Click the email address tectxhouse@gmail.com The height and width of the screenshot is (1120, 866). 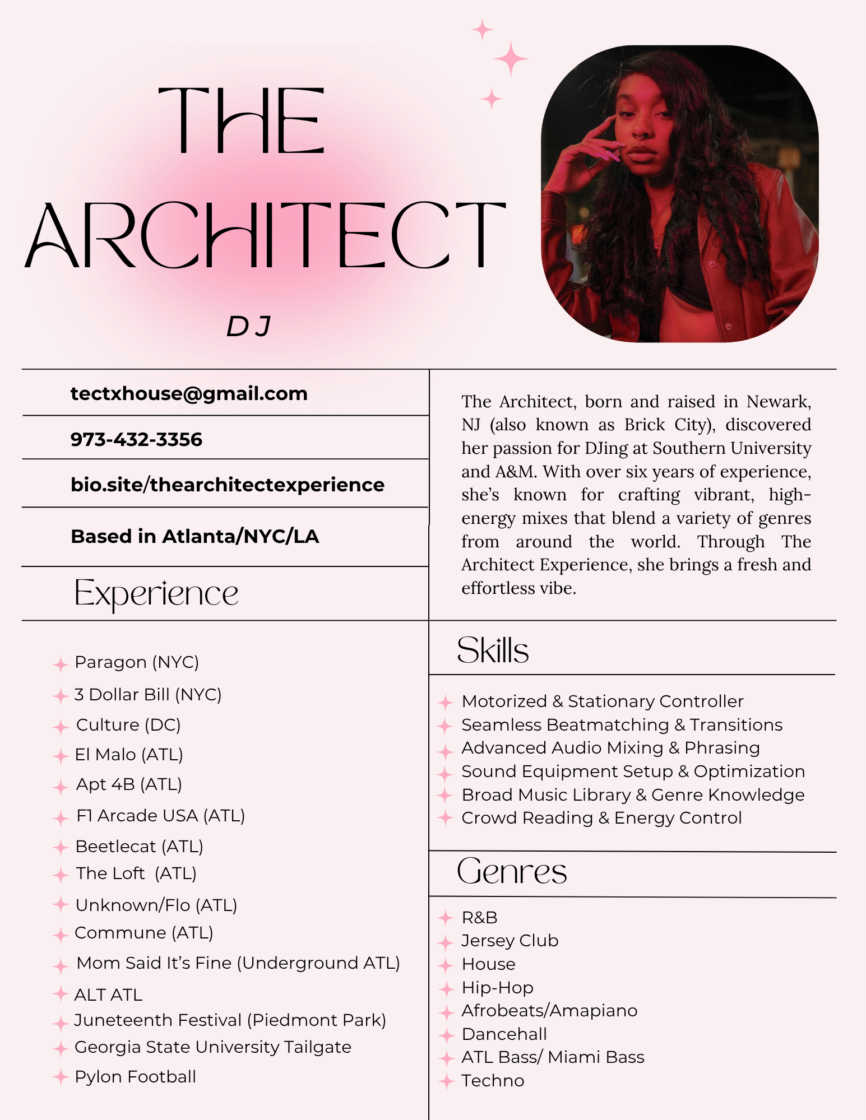coord(189,394)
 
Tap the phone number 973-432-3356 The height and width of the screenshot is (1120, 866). coord(136,440)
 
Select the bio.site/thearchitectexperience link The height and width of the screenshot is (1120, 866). coord(227,485)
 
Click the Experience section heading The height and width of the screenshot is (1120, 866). coord(156,593)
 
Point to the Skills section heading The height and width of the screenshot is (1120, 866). coord(493,650)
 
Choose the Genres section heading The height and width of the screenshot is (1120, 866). coord(512,872)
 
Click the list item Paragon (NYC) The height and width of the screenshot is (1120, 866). coord(137,662)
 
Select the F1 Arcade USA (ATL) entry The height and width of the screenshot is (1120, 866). coord(160,816)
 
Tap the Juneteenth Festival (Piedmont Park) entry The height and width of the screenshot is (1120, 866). coord(230,1020)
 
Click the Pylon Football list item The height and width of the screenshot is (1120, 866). coord(135,1077)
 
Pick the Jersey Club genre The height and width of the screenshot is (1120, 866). coord(510,941)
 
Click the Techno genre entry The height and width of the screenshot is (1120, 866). coord(493,1081)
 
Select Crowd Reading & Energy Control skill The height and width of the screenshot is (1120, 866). coord(601,818)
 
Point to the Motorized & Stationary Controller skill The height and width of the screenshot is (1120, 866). coord(603,701)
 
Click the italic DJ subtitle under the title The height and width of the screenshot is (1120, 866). coord(249,327)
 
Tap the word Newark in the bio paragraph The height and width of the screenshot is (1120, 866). coord(778,402)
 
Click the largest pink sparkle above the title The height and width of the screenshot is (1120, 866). coord(511,58)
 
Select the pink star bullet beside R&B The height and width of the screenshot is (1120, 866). coord(445,918)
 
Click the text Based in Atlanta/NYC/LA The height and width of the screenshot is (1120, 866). coord(194,537)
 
